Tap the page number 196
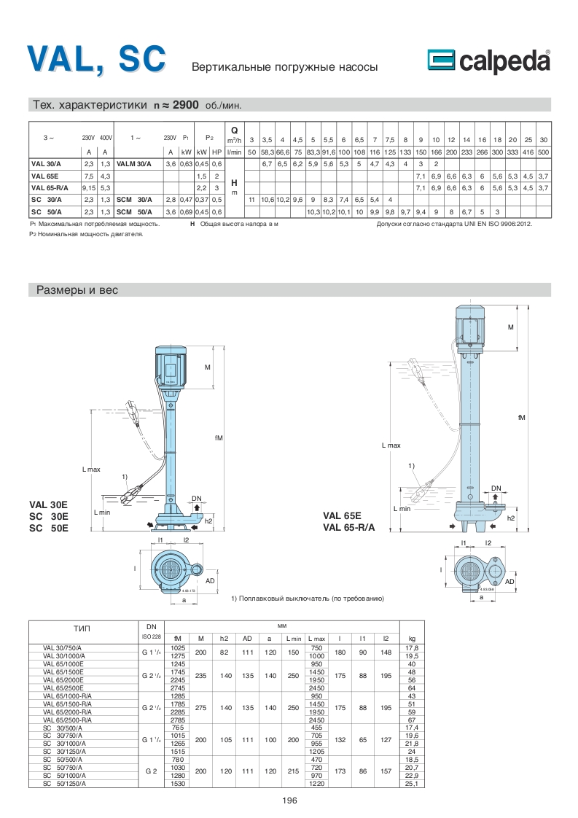click(x=289, y=800)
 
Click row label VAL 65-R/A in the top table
click(x=49, y=187)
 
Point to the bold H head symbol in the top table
click(x=235, y=182)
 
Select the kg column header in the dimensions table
click(x=412, y=636)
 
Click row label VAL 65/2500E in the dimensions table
click(x=62, y=687)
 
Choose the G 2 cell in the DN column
click(x=151, y=770)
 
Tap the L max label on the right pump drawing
click(x=391, y=445)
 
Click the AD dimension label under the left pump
click(x=210, y=581)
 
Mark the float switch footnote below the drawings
click(x=307, y=598)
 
